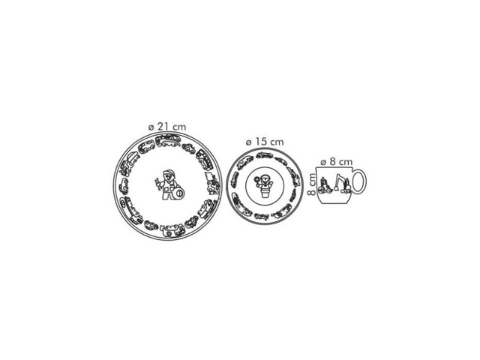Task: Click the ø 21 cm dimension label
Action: [x=167, y=127]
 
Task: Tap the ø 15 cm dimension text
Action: [x=265, y=142]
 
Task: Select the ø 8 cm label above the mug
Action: [x=337, y=161]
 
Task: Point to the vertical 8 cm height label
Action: [x=311, y=184]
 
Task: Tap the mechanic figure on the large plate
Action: [x=169, y=185]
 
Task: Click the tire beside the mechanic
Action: [x=178, y=193]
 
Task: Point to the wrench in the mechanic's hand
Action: [x=157, y=184]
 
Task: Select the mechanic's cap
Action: [x=169, y=172]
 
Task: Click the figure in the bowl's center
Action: [x=264, y=186]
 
